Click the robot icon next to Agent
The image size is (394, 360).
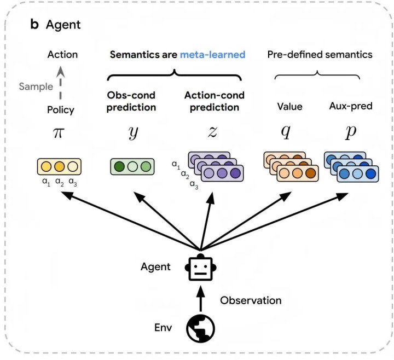[x=200, y=269]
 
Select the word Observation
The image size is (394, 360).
[x=251, y=300]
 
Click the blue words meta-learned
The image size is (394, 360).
[x=212, y=55]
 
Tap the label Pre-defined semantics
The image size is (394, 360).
[x=320, y=55]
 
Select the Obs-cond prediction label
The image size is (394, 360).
[x=131, y=101]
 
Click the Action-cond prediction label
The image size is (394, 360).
[x=214, y=101]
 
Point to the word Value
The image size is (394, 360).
[x=289, y=107]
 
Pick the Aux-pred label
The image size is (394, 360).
[x=351, y=106]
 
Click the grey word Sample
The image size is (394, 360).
[x=36, y=86]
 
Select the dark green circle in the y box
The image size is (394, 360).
[x=119, y=167]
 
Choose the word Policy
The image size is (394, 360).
[x=60, y=110]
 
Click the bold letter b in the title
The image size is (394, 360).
[x=34, y=25]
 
